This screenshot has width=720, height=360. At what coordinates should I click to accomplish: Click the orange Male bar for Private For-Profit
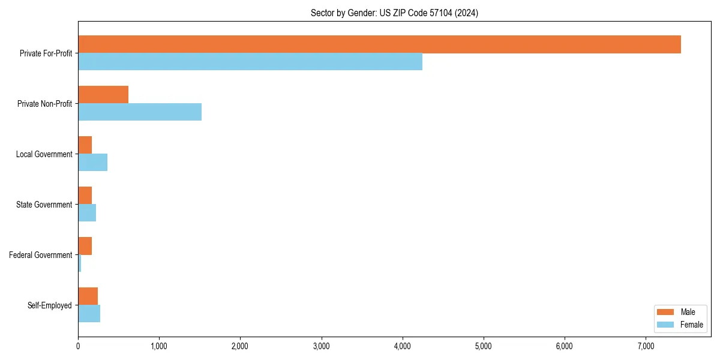click(x=379, y=44)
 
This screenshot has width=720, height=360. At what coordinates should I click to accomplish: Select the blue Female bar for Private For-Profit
click(x=250, y=62)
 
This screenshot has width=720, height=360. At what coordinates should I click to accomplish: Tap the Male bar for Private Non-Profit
click(x=103, y=95)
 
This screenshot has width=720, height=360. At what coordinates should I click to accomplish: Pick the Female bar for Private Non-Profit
click(x=140, y=112)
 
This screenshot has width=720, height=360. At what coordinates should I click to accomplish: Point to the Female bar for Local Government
click(x=92, y=163)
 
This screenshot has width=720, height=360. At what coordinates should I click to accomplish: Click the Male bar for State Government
click(x=85, y=196)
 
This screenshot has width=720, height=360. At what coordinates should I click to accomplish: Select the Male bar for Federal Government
click(x=85, y=246)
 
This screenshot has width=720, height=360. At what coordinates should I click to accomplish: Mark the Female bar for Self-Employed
click(x=89, y=314)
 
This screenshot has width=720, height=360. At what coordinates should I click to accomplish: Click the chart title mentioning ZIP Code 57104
click(x=394, y=13)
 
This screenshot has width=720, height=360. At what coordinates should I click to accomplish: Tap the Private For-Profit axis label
click(x=46, y=53)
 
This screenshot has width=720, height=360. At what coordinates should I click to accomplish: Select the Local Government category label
click(x=44, y=154)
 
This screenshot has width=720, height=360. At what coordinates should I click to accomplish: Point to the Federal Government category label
click(x=41, y=255)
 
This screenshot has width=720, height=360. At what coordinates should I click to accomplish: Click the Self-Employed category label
click(x=50, y=305)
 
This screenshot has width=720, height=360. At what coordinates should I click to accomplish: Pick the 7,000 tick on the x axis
click(x=646, y=346)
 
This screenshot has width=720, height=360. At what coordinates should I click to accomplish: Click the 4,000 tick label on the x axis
click(x=403, y=346)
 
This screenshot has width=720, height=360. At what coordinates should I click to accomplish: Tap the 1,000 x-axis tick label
click(x=159, y=346)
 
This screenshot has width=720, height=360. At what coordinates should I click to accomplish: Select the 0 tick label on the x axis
click(x=78, y=346)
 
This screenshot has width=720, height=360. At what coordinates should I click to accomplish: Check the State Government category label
click(x=44, y=205)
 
